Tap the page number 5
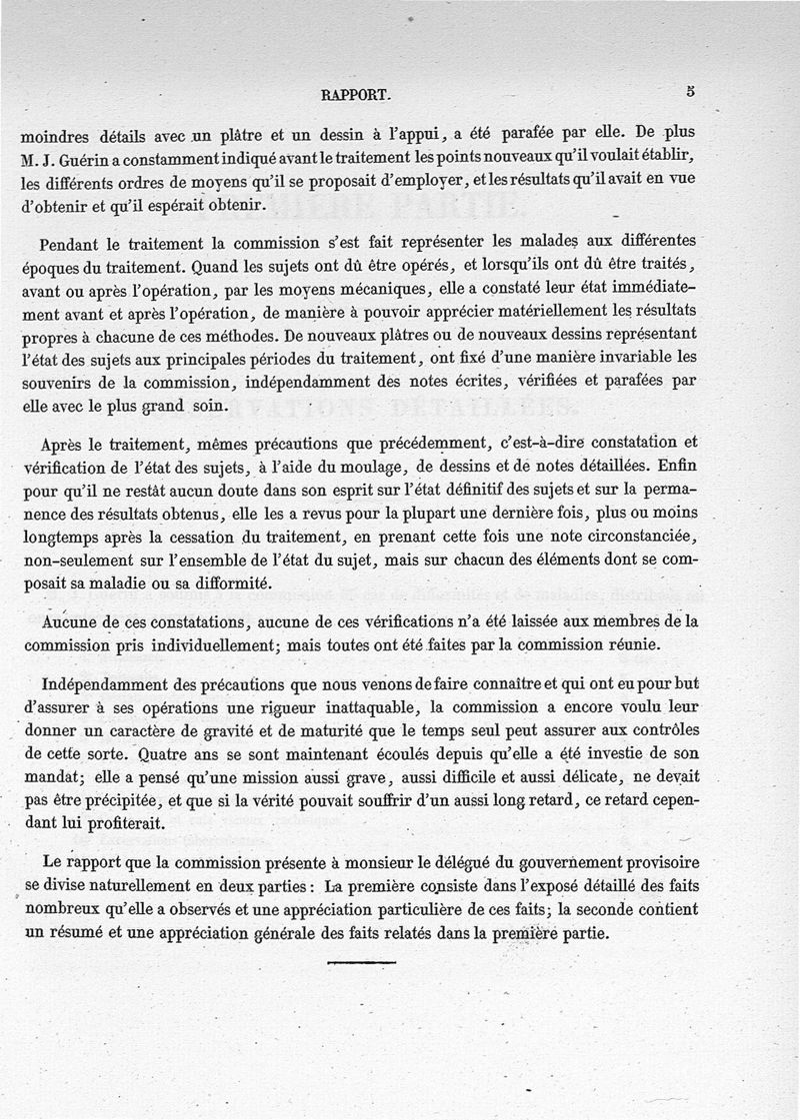(x=690, y=91)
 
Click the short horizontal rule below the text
(x=361, y=962)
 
